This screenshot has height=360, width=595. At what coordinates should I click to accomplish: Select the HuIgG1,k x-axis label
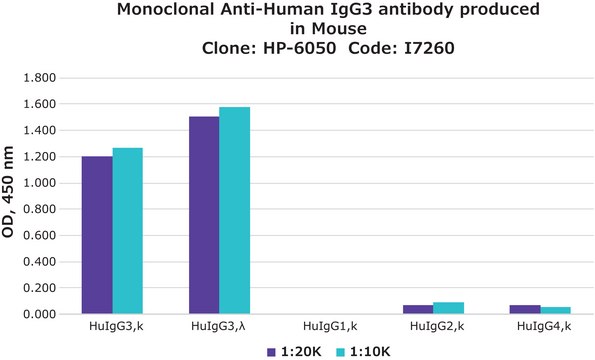pos(327,328)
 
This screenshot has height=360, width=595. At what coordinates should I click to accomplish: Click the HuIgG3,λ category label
pos(220,328)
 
